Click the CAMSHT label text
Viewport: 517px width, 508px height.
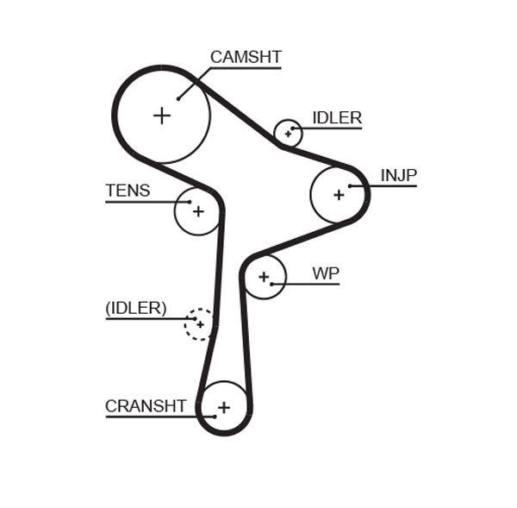(246, 58)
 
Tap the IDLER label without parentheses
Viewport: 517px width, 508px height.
(336, 118)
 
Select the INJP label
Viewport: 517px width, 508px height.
(398, 176)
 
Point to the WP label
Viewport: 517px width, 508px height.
(325, 273)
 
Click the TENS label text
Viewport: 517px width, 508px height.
(128, 191)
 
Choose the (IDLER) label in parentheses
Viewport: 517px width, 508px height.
(135, 308)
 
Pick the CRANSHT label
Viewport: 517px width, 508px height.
(146, 406)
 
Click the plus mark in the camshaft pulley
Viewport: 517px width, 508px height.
(162, 115)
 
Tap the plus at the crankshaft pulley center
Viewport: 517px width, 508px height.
(224, 407)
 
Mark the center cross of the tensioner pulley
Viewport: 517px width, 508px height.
(198, 210)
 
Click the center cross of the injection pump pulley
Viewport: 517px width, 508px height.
(338, 195)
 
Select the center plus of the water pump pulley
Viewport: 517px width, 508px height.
(263, 277)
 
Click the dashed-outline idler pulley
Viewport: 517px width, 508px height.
(200, 324)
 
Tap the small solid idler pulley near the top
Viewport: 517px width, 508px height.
(288, 134)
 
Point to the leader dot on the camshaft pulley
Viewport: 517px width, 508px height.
(178, 98)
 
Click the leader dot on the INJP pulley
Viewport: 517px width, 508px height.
(350, 185)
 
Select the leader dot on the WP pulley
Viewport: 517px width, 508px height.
(271, 284)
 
